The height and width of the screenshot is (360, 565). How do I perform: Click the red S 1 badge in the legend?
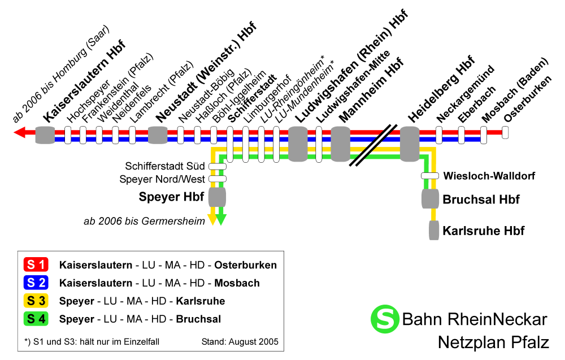[36, 264]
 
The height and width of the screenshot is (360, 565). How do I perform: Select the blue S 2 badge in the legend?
[36, 283]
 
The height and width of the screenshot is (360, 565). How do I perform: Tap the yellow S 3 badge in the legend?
[36, 301]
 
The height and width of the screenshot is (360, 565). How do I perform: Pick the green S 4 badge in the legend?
[36, 319]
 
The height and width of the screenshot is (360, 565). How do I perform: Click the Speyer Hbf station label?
[171, 197]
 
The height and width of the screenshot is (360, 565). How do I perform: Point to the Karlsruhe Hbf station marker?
[434, 230]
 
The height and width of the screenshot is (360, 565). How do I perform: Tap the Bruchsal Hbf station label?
[481, 199]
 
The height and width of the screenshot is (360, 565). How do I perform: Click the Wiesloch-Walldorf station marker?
[430, 176]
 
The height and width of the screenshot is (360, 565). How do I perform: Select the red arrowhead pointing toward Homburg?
[19, 132]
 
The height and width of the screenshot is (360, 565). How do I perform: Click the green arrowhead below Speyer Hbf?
[221, 219]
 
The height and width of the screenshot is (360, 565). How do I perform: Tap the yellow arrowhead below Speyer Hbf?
[212, 219]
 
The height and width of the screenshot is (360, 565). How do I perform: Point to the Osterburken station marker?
[505, 132]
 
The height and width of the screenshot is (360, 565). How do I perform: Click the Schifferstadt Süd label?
[164, 166]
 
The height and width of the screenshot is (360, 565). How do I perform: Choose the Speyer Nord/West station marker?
[218, 179]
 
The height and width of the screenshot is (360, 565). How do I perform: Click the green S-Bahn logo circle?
[385, 319]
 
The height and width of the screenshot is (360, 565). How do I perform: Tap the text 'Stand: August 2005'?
[240, 341]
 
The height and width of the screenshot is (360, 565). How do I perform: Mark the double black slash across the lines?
[373, 146]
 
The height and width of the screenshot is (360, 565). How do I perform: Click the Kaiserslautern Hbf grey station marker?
[45, 135]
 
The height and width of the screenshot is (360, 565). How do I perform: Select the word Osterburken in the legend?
[245, 265]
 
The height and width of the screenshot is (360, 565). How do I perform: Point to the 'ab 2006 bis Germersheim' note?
[144, 221]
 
